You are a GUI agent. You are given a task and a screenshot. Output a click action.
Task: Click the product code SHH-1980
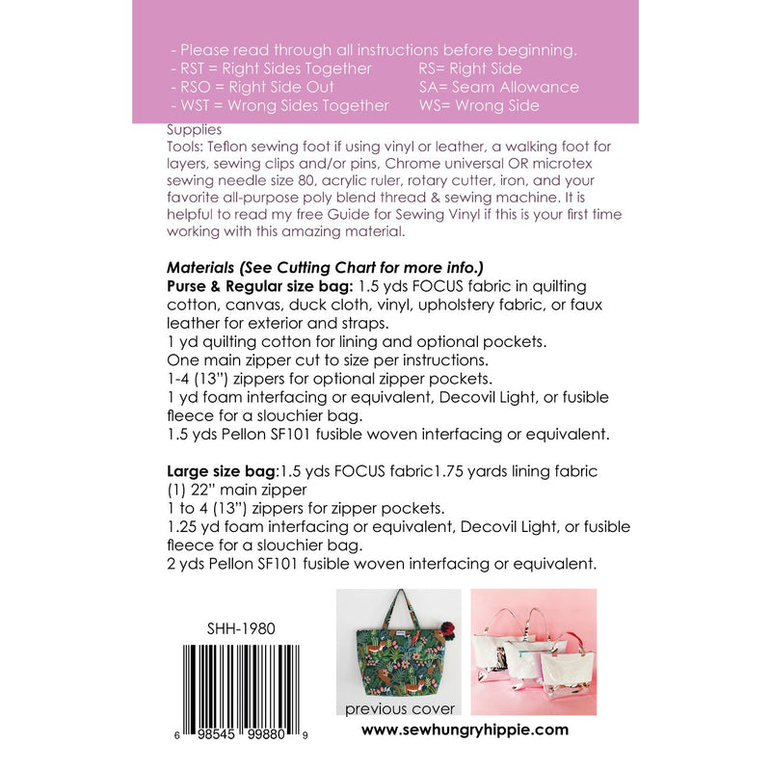click(241, 628)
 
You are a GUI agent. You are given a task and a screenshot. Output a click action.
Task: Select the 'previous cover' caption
click(400, 709)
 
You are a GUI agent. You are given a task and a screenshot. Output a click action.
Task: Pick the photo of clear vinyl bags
click(533, 651)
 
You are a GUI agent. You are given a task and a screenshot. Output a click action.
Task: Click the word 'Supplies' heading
click(194, 129)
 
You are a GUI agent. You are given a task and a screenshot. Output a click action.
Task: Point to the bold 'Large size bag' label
click(221, 470)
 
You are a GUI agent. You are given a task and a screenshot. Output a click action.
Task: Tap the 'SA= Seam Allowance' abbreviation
click(498, 87)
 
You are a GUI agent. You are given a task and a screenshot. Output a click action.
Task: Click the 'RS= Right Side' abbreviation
click(469, 68)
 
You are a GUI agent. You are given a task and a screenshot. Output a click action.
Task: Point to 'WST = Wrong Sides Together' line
click(279, 105)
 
